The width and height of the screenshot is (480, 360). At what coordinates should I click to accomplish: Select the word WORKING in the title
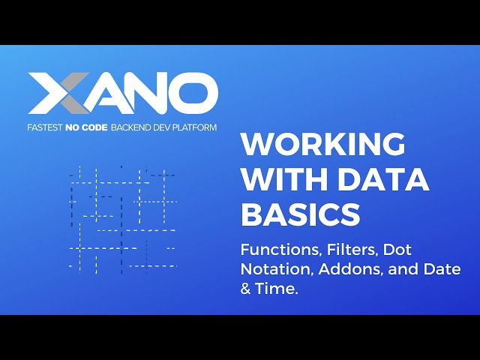(x=322, y=144)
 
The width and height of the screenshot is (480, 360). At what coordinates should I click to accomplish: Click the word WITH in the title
(x=277, y=180)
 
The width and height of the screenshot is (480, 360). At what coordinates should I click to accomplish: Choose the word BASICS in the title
(x=300, y=215)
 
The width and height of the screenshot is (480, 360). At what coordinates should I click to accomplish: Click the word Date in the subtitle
(x=444, y=268)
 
